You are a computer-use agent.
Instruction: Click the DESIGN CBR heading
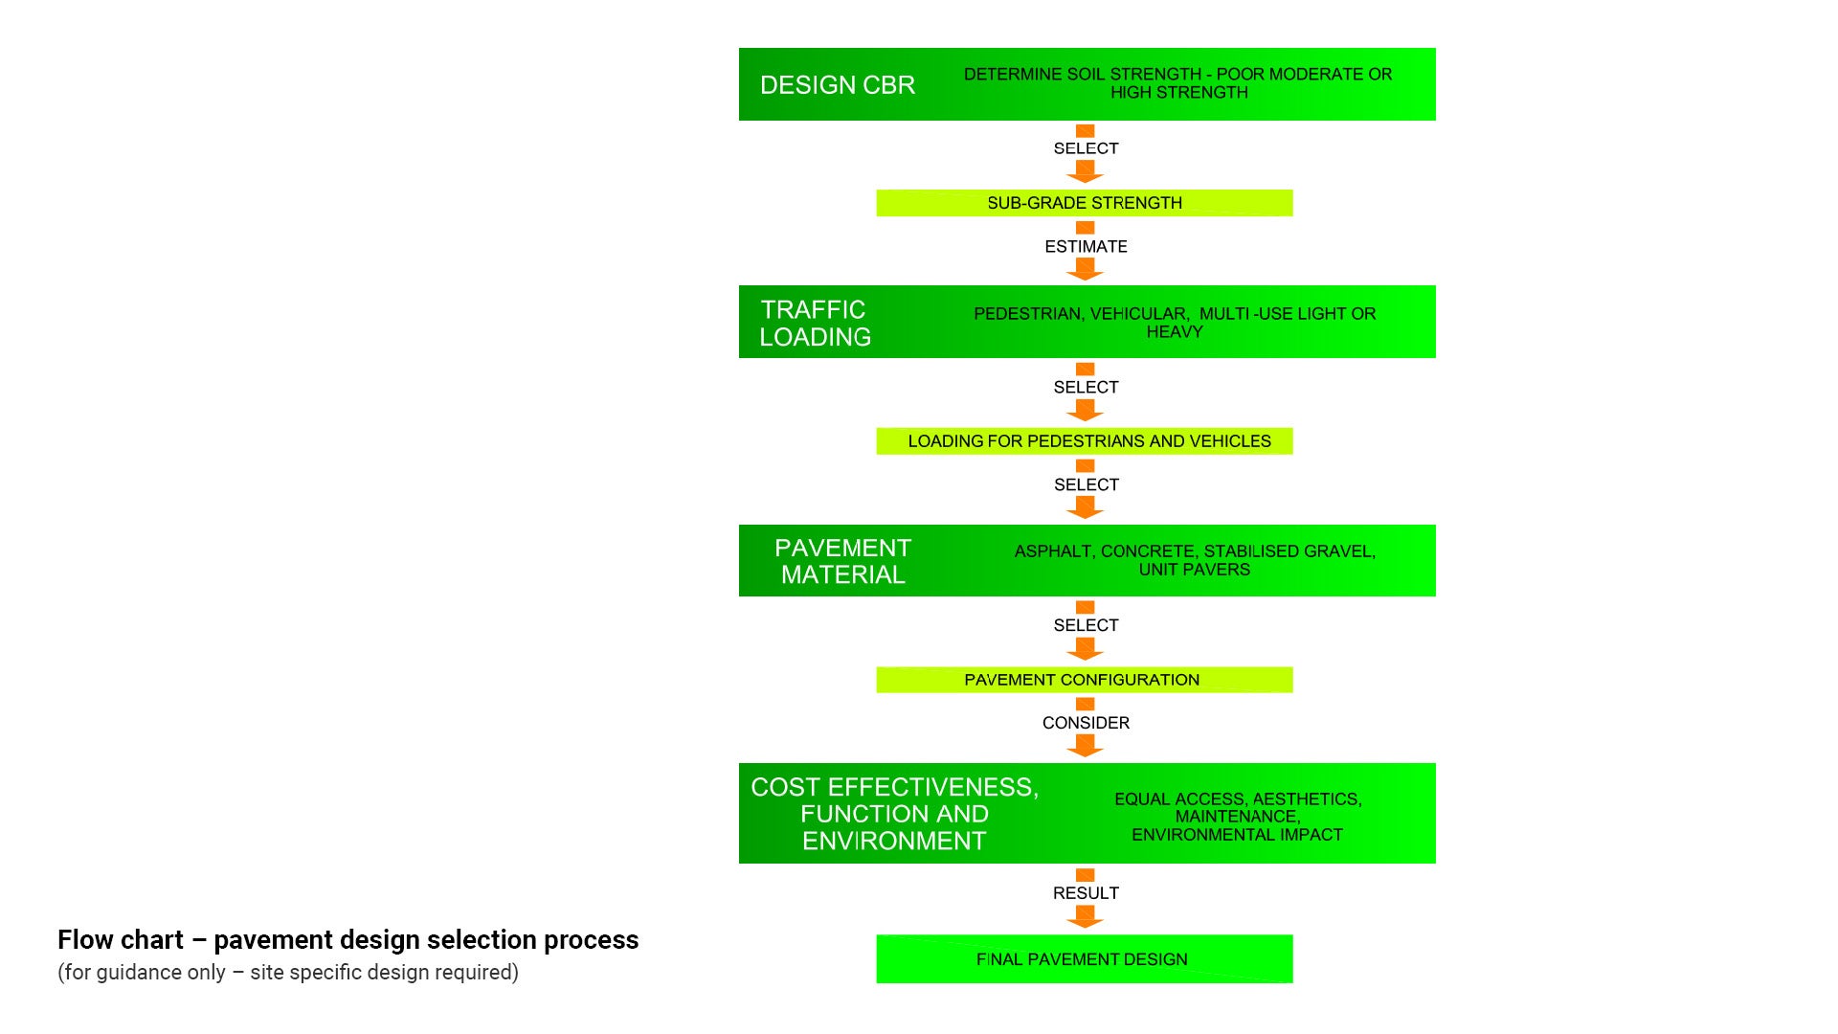837,85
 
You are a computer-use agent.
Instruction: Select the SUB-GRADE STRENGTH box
1084,203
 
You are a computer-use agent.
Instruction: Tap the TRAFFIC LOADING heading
815,323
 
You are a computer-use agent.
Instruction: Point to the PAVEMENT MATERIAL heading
842,561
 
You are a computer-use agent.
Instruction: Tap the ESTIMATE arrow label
1086,247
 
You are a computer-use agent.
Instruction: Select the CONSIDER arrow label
1086,723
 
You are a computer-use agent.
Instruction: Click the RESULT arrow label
1086,893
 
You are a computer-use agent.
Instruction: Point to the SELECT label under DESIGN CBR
1086,148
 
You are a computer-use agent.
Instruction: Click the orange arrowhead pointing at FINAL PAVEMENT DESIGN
1085,919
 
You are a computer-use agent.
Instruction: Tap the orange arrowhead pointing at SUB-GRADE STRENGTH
1085,173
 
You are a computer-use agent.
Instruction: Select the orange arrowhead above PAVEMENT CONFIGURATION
1085,651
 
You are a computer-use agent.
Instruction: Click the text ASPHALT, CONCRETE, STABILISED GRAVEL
1194,551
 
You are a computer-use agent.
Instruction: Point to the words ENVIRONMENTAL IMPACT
1237,835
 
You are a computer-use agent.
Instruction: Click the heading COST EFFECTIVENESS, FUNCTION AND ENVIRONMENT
894,814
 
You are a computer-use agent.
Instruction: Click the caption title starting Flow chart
347,940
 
